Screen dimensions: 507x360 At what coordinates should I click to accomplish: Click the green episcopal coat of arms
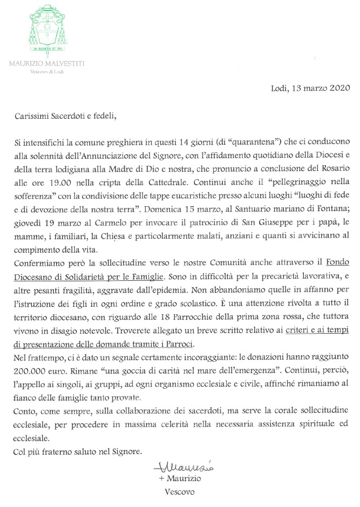46,29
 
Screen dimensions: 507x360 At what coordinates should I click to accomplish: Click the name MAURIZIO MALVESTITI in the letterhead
46,64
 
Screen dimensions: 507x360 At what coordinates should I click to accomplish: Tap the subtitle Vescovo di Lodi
46,72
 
